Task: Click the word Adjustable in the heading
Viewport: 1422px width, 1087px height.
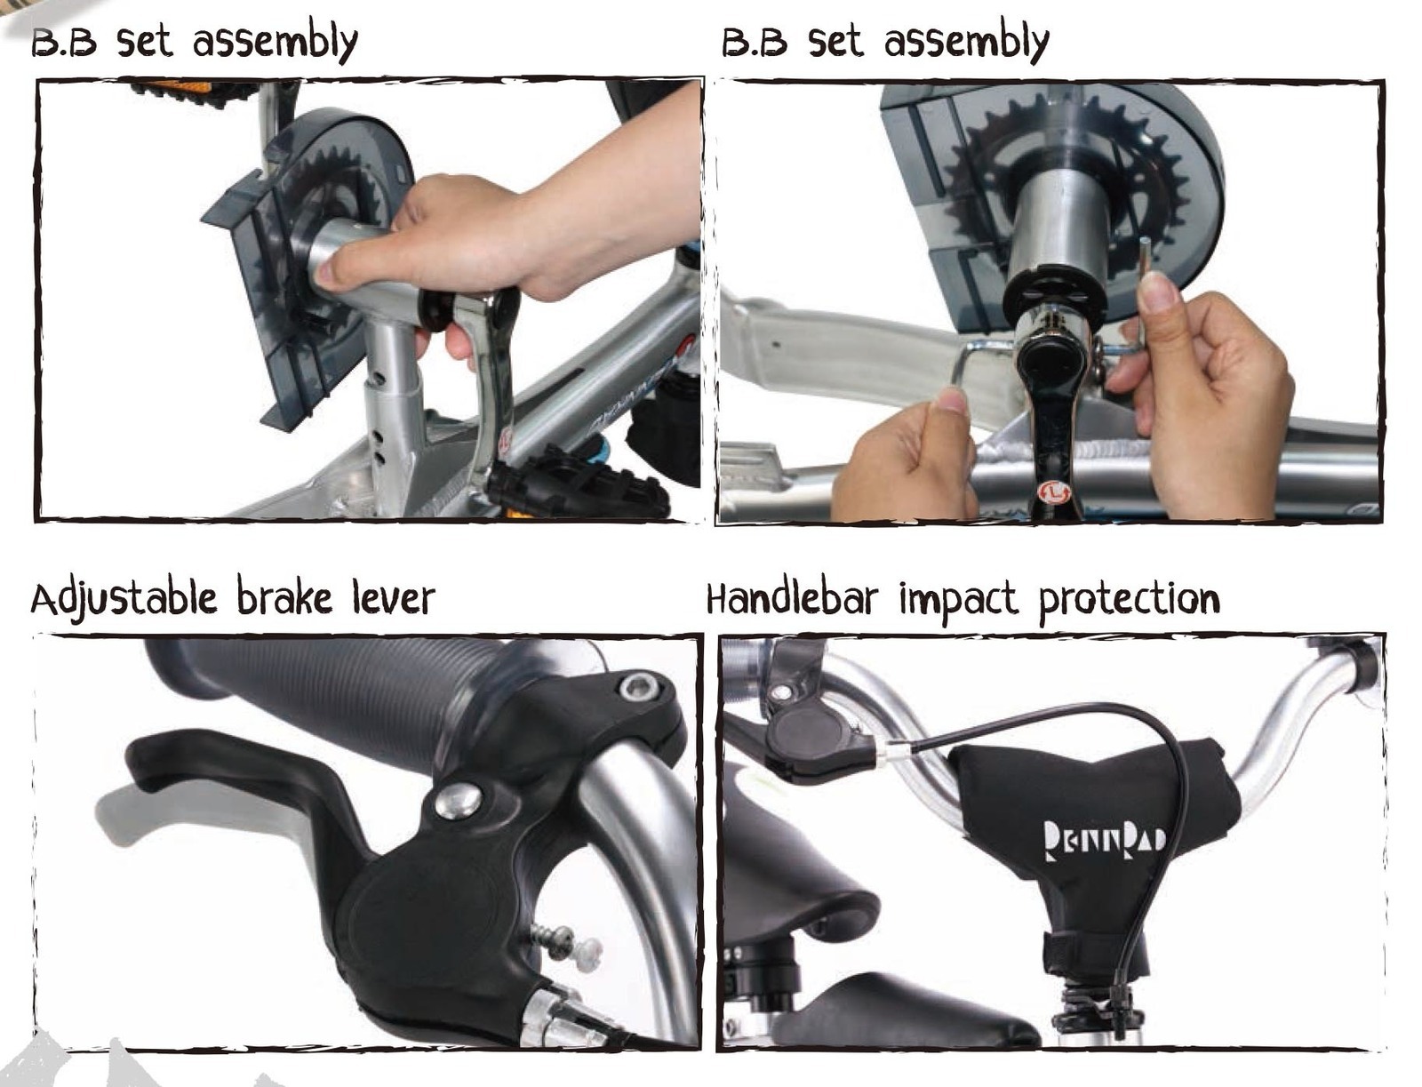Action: (123, 598)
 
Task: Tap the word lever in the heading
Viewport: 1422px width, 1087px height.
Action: (393, 598)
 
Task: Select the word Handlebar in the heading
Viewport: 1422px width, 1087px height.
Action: (792, 598)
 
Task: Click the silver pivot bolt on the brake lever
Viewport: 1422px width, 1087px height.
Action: (458, 801)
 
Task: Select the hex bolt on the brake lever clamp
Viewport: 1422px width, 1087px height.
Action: (640, 686)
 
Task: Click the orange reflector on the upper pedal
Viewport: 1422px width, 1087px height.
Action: (175, 87)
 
